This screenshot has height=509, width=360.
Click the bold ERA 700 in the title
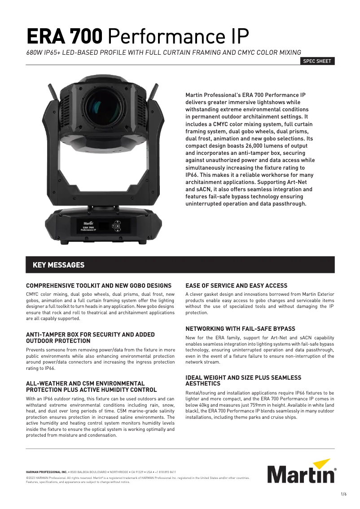click(x=65, y=35)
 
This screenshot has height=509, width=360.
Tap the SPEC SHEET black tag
click(x=317, y=61)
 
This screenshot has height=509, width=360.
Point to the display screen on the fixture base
click(x=103, y=225)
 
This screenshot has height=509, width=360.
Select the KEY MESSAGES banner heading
click(x=58, y=265)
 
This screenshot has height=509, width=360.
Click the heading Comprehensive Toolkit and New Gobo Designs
click(x=99, y=285)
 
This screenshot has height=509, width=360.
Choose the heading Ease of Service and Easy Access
click(x=236, y=285)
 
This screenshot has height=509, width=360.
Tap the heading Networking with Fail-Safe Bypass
click(x=240, y=329)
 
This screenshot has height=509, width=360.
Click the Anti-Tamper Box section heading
click(x=90, y=338)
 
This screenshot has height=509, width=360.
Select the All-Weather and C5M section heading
click(x=91, y=386)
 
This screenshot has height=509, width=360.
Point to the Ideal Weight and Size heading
click(x=243, y=381)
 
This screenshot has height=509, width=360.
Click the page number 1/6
click(x=344, y=494)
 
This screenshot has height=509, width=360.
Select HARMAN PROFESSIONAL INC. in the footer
click(x=47, y=472)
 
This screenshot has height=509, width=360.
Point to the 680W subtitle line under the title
click(x=163, y=52)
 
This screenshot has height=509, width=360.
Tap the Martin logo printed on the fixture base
click(x=88, y=222)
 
